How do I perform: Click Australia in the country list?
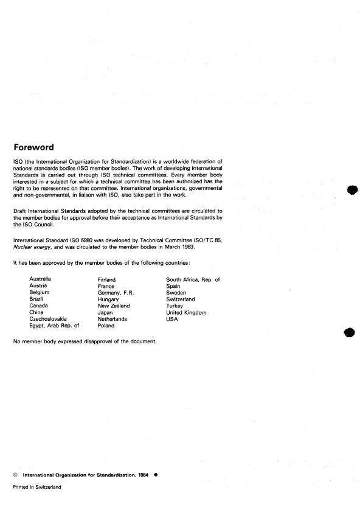pyautogui.click(x=40, y=279)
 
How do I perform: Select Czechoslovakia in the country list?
pyautogui.click(x=48, y=319)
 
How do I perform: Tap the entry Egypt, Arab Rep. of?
pyautogui.click(x=54, y=326)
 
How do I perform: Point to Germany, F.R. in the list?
pyautogui.click(x=116, y=293)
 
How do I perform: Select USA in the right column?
pyautogui.click(x=172, y=319)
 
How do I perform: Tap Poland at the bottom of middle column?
pyautogui.click(x=106, y=326)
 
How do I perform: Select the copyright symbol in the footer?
pyautogui.click(x=15, y=474)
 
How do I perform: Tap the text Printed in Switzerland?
pyautogui.click(x=36, y=487)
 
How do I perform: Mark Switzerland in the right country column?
pyautogui.click(x=180, y=299)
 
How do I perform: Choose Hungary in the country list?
pyautogui.click(x=108, y=299)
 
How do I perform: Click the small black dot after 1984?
pyautogui.click(x=156, y=474)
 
